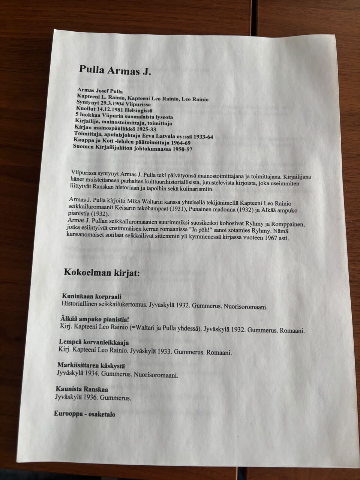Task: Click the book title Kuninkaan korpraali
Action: [91, 296]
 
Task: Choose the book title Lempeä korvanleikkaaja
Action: [94, 342]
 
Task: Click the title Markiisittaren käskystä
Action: [91, 365]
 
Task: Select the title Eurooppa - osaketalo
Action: [84, 414]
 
